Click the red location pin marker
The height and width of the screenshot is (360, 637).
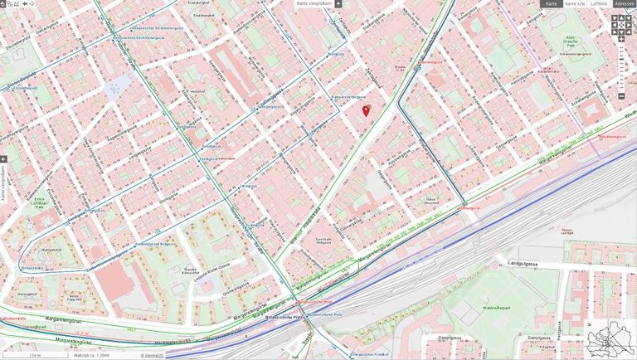tap(367, 109)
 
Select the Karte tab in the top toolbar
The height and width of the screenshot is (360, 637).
tap(551, 4)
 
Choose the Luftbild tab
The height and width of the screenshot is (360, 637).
tap(598, 4)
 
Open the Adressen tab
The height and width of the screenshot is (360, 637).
tap(625, 4)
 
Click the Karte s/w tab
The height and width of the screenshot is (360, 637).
tap(574, 4)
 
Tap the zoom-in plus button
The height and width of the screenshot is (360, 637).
tap(621, 38)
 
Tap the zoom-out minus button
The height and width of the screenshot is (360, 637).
tap(621, 96)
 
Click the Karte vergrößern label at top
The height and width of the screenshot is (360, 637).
tap(314, 3)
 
